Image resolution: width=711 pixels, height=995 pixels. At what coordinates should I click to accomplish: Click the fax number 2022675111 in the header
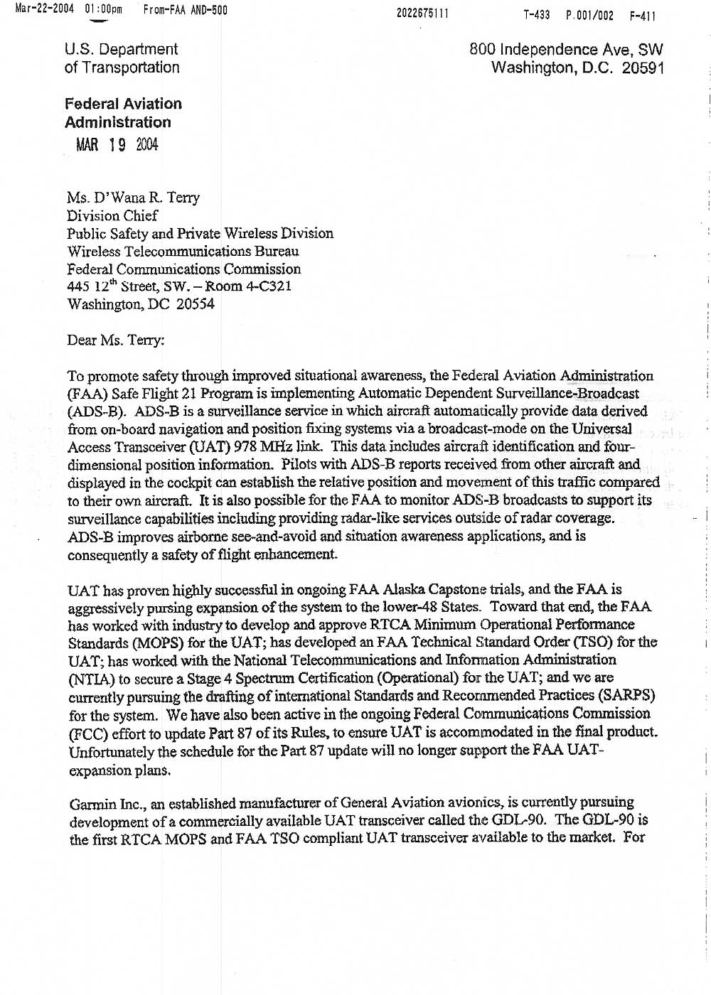[x=422, y=14]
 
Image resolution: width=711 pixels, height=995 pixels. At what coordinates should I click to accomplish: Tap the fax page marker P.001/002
[x=589, y=15]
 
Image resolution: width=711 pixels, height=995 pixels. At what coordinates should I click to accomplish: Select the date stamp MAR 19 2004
[x=117, y=145]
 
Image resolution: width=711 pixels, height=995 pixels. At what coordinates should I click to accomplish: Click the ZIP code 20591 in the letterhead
[x=643, y=68]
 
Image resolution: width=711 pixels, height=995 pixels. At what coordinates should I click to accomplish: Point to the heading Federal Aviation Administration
[x=123, y=113]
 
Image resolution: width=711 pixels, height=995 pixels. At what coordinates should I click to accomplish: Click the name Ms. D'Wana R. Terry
[x=133, y=198]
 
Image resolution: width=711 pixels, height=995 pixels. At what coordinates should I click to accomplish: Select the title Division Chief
[x=112, y=215]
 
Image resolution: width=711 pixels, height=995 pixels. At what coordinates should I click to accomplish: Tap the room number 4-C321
[x=267, y=286]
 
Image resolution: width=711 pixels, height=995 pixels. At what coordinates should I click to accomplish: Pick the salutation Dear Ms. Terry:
[x=115, y=340]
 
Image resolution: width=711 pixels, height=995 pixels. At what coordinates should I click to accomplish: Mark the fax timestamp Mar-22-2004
[x=44, y=9]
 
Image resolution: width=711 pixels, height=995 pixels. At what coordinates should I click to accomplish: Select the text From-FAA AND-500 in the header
[x=185, y=10]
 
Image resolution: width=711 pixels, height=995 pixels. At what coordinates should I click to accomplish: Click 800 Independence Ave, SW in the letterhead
[x=566, y=50]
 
